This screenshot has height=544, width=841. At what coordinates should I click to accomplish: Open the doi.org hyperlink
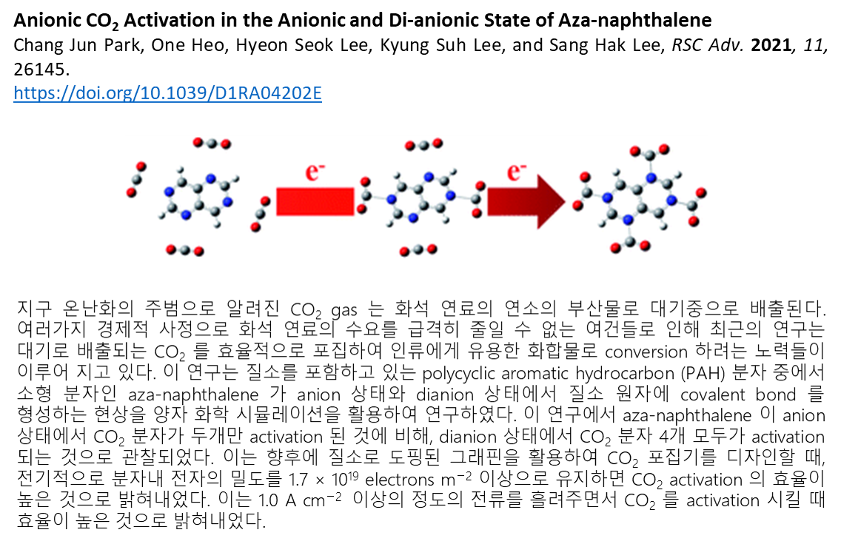167,93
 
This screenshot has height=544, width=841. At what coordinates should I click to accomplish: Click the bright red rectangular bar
315,201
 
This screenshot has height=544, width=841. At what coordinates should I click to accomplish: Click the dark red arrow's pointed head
551,201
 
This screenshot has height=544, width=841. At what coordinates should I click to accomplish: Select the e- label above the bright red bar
315,173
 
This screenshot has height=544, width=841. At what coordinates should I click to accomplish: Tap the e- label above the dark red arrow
516,173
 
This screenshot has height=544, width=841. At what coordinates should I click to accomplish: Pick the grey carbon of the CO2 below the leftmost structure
184,251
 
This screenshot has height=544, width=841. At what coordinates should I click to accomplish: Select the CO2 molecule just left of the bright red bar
259,213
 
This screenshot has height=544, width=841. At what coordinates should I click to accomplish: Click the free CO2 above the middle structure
423,144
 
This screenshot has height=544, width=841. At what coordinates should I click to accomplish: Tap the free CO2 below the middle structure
418,250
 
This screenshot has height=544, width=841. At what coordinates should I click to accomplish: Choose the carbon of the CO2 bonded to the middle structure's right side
475,199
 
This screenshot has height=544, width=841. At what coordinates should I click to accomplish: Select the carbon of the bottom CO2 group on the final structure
629,241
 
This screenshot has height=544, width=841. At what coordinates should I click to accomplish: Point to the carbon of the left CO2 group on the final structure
587,189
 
